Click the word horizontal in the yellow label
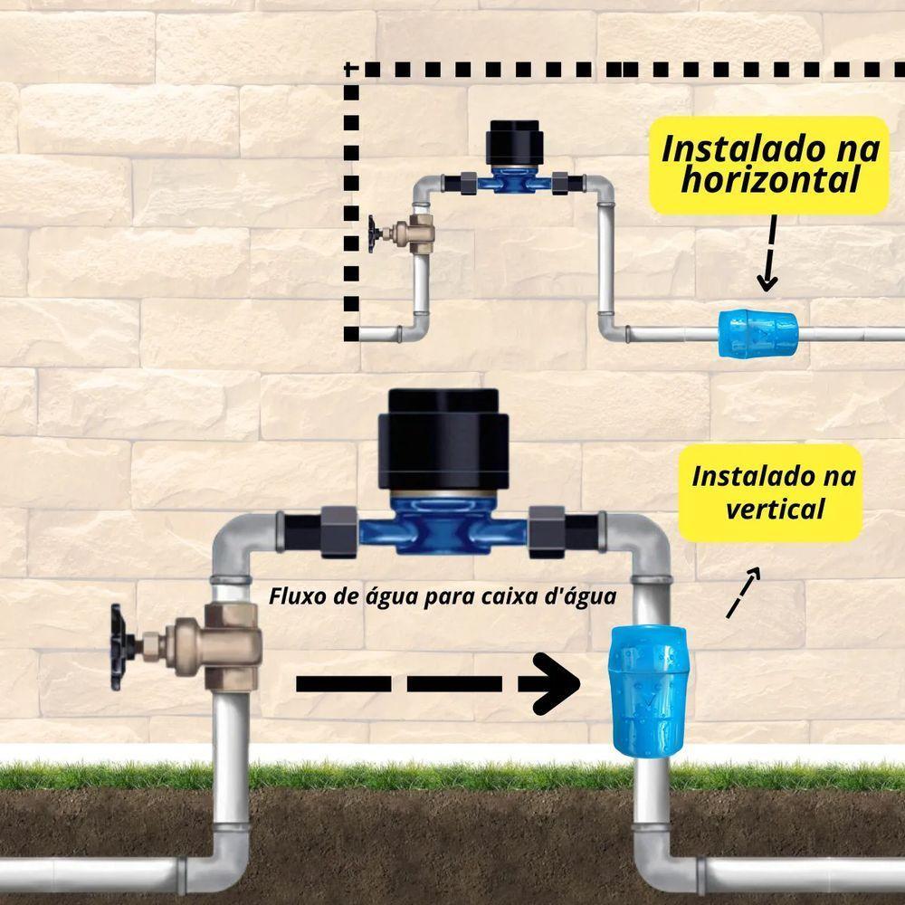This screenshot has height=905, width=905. point(769,180)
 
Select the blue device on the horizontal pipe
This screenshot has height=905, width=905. point(757,333)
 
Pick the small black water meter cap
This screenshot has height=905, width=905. point(511,143)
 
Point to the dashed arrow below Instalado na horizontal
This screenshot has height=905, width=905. point(768,252)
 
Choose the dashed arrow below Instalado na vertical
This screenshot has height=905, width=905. point(743,595)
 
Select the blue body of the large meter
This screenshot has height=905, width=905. point(443,530)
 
